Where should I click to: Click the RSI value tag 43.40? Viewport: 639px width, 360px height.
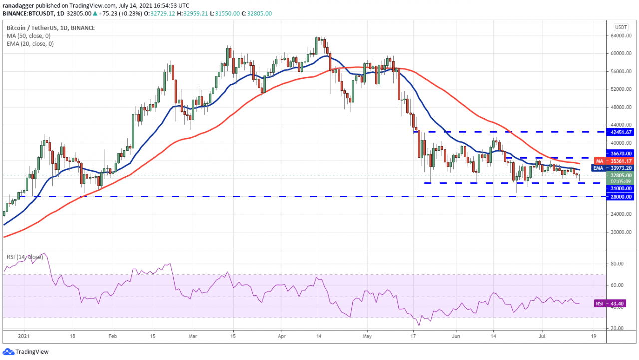coord(616,304)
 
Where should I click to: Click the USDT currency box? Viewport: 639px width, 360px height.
coord(621,27)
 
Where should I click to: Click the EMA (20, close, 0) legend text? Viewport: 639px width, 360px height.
coord(31,44)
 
